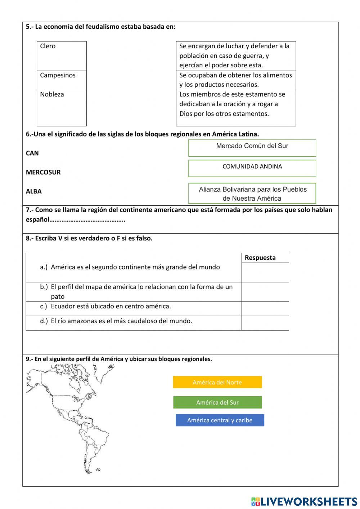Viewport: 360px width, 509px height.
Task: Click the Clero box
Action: [x=62, y=55]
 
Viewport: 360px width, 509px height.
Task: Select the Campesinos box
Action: [x=62, y=80]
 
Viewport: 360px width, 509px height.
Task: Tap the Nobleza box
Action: [x=62, y=107]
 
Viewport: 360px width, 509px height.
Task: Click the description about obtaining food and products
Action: [x=236, y=80]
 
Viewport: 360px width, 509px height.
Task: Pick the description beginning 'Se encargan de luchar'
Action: [x=236, y=55]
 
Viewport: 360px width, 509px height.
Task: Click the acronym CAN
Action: [x=32, y=153]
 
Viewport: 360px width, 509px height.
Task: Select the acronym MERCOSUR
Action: [x=43, y=172]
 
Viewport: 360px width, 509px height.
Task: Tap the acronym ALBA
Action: [x=34, y=191]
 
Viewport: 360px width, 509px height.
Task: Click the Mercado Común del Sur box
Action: [x=252, y=148]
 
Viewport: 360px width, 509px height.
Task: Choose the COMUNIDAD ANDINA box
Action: [x=252, y=168]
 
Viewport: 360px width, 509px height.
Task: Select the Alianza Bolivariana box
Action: [x=252, y=193]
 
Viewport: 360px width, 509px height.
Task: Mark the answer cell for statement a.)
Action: [x=265, y=272]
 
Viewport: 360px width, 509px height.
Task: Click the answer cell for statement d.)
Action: [x=265, y=323]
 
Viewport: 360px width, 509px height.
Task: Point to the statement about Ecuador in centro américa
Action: [x=111, y=306]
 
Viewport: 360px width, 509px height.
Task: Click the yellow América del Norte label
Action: [x=217, y=382]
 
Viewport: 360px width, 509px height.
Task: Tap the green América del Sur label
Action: [x=217, y=402]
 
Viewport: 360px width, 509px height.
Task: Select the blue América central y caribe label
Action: [x=220, y=420]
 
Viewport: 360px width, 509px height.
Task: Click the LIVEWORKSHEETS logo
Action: [x=304, y=501]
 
